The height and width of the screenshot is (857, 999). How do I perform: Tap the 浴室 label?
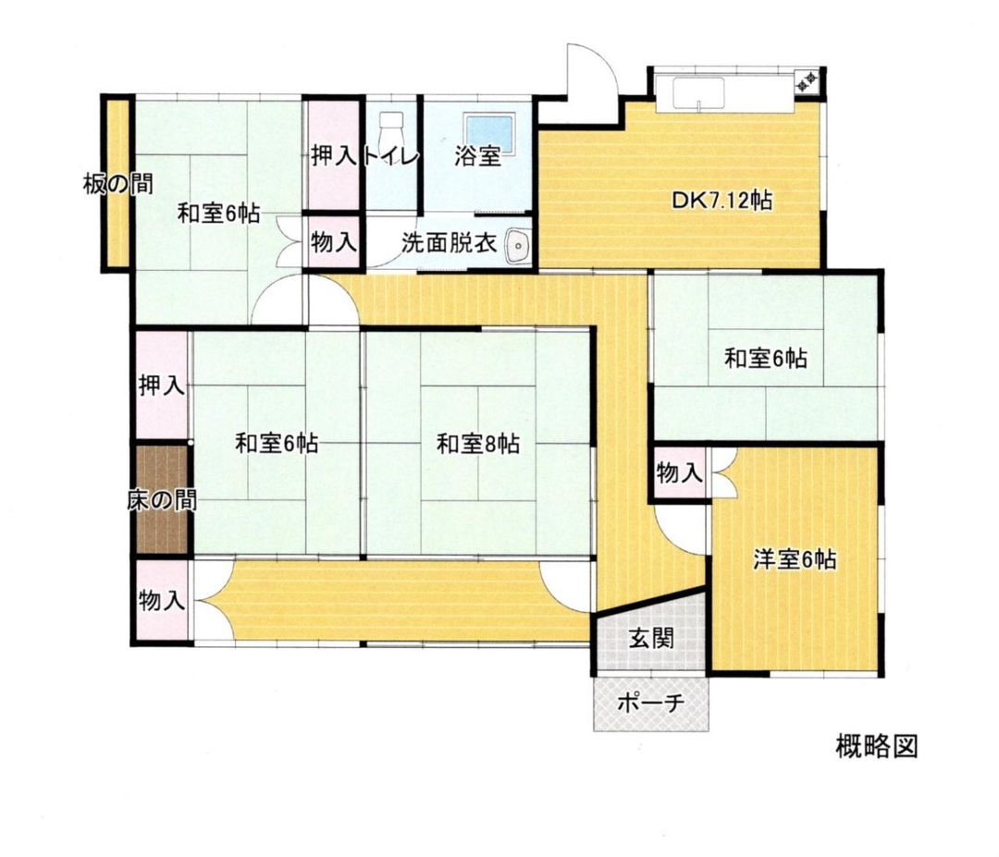(x=477, y=156)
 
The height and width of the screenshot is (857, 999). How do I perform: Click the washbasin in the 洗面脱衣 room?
(x=518, y=245)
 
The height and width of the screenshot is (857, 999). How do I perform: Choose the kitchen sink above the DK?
(x=698, y=93)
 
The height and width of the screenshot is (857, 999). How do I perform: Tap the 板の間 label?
(x=117, y=184)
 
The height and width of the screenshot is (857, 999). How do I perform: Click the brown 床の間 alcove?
(x=162, y=501)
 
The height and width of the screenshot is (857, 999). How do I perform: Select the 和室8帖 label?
(x=477, y=445)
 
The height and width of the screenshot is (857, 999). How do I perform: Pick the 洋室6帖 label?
(x=795, y=559)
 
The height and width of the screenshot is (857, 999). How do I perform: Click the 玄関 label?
(x=652, y=638)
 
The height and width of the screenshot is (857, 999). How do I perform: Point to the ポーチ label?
(x=650, y=703)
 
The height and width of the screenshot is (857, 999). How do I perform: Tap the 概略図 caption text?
(x=875, y=746)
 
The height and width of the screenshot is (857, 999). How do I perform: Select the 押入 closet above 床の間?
(x=162, y=385)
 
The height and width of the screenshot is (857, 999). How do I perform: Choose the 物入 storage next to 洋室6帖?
(x=680, y=474)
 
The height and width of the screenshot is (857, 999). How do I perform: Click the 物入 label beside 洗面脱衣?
(x=333, y=243)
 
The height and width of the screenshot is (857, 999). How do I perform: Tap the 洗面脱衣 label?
(x=450, y=243)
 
